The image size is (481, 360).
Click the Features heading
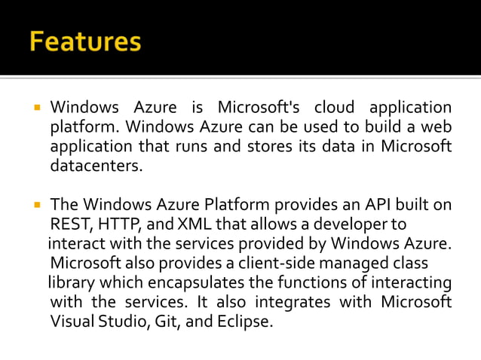[x=85, y=41]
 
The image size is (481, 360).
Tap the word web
[x=437, y=127]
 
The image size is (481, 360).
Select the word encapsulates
[x=189, y=283]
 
